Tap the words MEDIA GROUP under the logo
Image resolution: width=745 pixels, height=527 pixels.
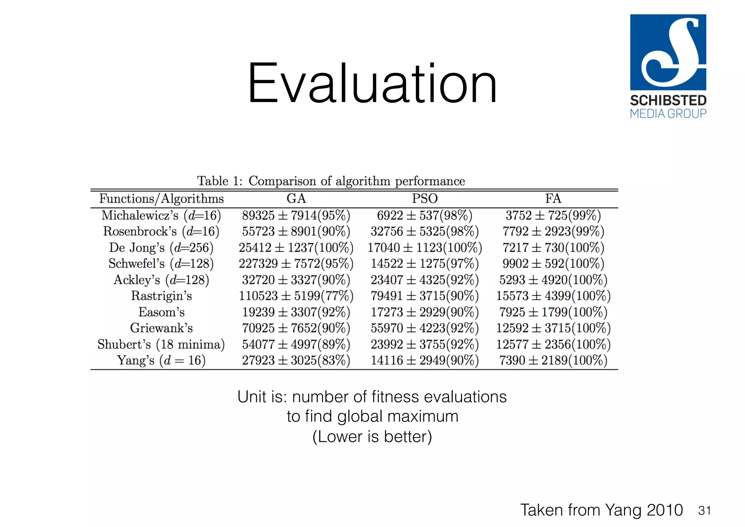tap(668, 114)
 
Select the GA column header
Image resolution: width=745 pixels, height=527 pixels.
tap(296, 199)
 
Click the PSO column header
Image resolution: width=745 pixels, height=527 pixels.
tap(425, 199)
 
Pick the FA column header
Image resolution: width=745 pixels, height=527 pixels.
tap(553, 199)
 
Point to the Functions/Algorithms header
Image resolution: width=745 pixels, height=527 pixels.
tap(162, 199)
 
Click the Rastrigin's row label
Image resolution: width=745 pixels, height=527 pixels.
tap(162, 296)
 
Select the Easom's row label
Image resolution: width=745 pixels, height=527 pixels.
tap(162, 312)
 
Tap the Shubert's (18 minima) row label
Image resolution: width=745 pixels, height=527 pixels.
tap(161, 344)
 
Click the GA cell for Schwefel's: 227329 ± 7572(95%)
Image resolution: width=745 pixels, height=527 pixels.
tap(296, 263)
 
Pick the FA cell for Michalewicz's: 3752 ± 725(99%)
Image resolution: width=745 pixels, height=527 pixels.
tap(553, 215)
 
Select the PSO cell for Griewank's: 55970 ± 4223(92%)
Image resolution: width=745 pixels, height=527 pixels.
tap(425, 328)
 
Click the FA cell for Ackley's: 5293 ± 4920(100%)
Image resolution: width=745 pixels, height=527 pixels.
tap(553, 280)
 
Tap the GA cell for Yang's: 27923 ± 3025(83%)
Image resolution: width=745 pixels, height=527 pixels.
tap(296, 360)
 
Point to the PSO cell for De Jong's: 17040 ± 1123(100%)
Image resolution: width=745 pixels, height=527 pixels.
tap(425, 248)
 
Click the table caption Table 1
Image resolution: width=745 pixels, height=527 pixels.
tap(331, 181)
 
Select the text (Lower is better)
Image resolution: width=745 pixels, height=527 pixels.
tap(372, 436)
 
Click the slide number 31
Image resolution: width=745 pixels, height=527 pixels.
tap(704, 511)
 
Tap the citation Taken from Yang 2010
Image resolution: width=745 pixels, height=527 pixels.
tap(601, 510)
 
